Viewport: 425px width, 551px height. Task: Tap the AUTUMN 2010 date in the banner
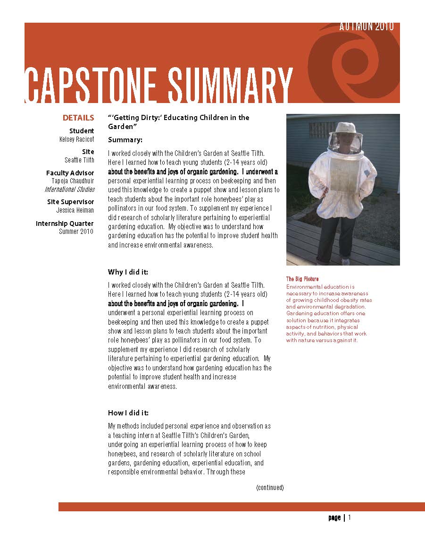(366, 27)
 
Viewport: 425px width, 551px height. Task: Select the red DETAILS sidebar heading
(78, 118)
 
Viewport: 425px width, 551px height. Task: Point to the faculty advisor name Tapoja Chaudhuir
(73, 181)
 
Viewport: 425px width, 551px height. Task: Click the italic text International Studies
(70, 189)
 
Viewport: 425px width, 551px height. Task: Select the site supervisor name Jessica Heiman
(75, 210)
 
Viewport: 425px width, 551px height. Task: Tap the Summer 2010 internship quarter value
(76, 232)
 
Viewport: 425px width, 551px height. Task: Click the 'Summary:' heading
(125, 140)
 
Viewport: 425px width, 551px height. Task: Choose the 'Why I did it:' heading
(128, 272)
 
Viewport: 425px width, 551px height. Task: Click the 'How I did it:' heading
(128, 413)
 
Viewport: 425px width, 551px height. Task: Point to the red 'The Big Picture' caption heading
(302, 279)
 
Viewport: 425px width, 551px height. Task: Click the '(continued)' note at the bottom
(270, 488)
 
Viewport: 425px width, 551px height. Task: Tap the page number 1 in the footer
(350, 517)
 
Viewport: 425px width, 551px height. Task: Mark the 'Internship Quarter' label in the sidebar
(65, 224)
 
